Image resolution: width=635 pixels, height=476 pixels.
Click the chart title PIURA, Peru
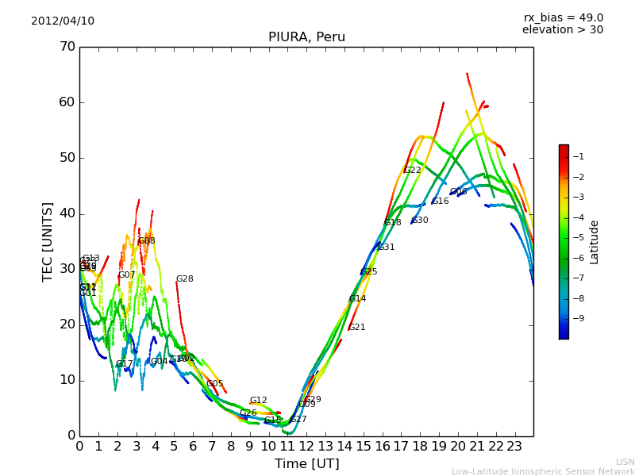click(x=306, y=37)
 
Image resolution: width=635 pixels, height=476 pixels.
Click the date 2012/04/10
click(x=63, y=21)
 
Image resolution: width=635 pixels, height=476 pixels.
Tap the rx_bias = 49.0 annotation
click(x=563, y=17)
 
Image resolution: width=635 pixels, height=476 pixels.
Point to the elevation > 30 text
click(x=562, y=30)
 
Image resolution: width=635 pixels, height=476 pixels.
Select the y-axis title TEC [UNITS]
click(x=48, y=241)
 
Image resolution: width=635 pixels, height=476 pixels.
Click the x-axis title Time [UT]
click(x=306, y=464)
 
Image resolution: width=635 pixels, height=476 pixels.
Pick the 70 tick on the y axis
click(x=67, y=47)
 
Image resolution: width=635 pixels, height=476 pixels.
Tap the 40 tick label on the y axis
click(x=67, y=213)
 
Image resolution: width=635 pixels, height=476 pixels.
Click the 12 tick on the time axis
click(x=306, y=447)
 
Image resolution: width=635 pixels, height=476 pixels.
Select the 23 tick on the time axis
click(x=514, y=447)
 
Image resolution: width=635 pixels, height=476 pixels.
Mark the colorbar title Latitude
click(x=595, y=242)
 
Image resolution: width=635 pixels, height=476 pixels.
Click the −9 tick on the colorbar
click(x=577, y=319)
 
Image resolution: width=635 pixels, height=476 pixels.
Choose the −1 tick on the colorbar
click(x=577, y=157)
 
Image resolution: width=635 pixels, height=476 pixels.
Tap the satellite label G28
click(x=184, y=279)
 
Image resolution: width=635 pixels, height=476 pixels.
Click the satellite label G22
click(x=412, y=171)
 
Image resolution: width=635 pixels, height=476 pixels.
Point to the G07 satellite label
click(x=126, y=275)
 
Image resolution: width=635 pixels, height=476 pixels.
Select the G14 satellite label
click(x=357, y=299)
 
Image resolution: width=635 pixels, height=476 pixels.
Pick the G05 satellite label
click(x=214, y=384)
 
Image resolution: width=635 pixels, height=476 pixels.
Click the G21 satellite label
click(x=356, y=328)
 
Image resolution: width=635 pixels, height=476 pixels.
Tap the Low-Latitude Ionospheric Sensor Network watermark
click(x=543, y=471)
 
